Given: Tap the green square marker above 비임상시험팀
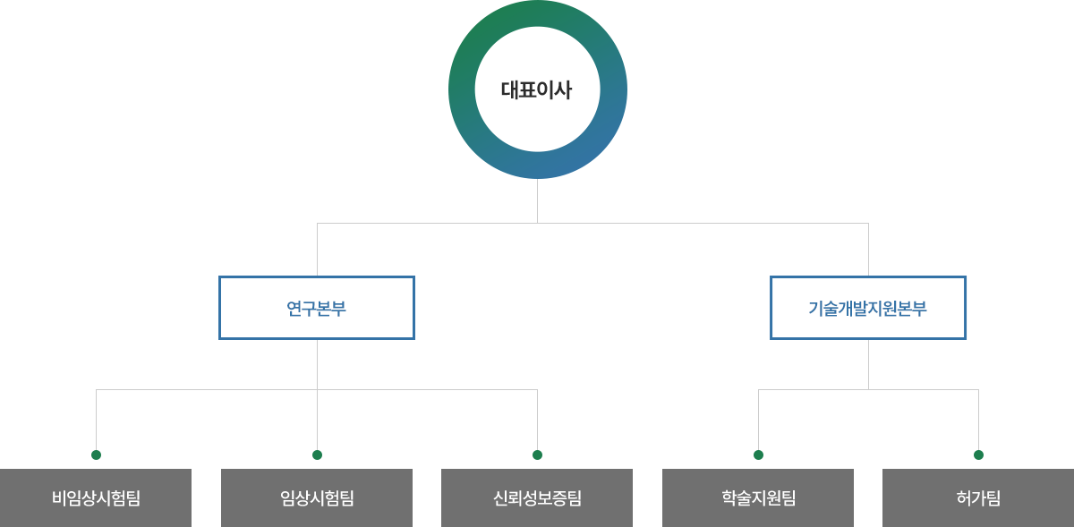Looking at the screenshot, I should pyautogui.click(x=96, y=455).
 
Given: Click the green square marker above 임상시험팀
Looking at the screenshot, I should pyautogui.click(x=317, y=455).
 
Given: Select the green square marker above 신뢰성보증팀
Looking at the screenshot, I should pyautogui.click(x=537, y=455).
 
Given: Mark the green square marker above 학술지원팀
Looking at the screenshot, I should pyautogui.click(x=758, y=455).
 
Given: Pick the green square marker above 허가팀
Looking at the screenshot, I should pyautogui.click(x=978, y=455).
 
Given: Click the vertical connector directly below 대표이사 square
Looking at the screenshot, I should pyautogui.click(x=536, y=200).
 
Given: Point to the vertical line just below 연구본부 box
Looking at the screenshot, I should pyautogui.click(x=317, y=362).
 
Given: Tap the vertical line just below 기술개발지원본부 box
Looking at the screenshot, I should pyautogui.click(x=868, y=362).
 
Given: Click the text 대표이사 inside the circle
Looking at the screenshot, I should pyautogui.click(x=536, y=89).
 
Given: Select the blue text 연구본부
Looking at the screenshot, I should pyautogui.click(x=316, y=309).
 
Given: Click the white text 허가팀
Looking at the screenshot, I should pyautogui.click(x=978, y=498).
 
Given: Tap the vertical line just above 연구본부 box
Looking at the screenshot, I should pyautogui.click(x=317, y=249).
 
